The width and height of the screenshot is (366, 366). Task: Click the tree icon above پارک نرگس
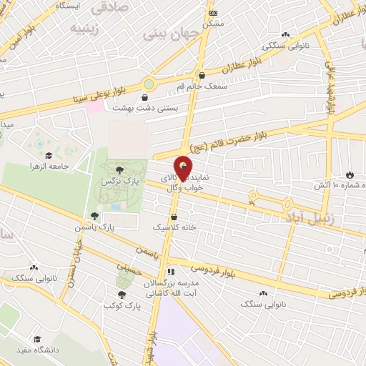[x=120, y=169]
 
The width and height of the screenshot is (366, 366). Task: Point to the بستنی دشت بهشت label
[x=147, y=109]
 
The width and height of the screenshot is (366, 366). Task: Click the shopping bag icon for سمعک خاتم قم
[x=202, y=74]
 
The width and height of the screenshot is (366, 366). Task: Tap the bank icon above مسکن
[x=212, y=13]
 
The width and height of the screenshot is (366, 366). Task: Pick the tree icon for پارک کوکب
[x=122, y=294]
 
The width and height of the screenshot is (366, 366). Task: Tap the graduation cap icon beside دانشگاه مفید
[x=36, y=339]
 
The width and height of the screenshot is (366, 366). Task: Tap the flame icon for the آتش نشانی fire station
[x=349, y=174]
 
